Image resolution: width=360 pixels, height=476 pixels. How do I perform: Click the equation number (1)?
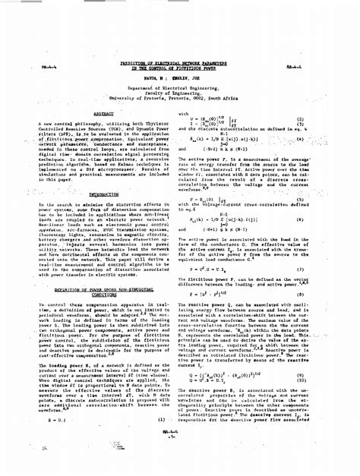pyautogui.click(x=162, y=418)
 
